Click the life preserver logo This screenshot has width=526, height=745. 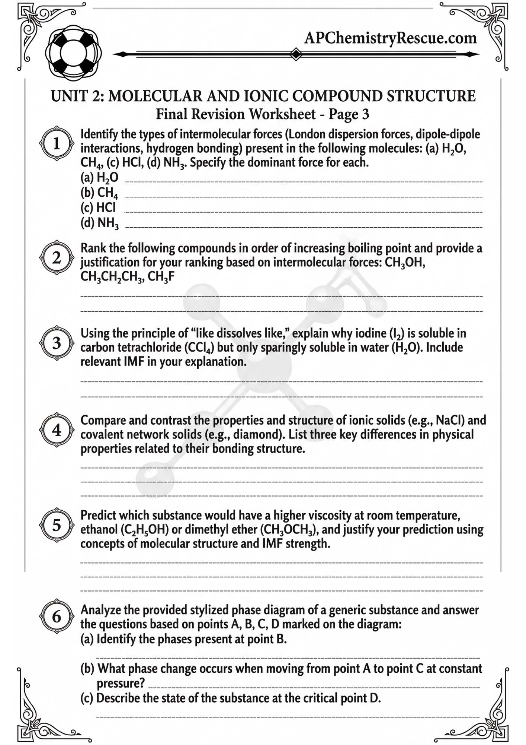pyautogui.click(x=73, y=53)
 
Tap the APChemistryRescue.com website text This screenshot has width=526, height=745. pyautogui.click(x=390, y=38)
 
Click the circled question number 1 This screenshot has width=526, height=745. pyautogui.click(x=57, y=144)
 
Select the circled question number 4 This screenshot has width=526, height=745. pyautogui.click(x=57, y=430)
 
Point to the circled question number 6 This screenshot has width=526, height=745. pyautogui.click(x=57, y=616)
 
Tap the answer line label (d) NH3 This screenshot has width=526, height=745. pyautogui.click(x=99, y=223)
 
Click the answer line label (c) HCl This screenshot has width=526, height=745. pyautogui.click(x=98, y=207)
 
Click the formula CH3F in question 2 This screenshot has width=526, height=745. pyautogui.click(x=161, y=277)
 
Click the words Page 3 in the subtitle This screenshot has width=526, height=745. pyautogui.click(x=349, y=114)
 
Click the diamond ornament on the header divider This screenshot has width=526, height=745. pyautogui.click(x=296, y=54)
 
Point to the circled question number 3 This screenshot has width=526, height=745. pyautogui.click(x=57, y=343)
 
